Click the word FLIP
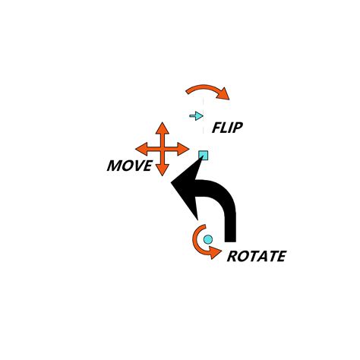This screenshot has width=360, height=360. [227, 128]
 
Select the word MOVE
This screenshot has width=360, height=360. [130, 166]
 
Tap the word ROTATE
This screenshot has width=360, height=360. [257, 256]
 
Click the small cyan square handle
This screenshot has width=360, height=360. [204, 155]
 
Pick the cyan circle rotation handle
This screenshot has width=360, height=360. [208, 239]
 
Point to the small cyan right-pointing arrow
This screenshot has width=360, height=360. [197, 116]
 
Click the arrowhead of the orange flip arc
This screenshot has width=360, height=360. [224, 94]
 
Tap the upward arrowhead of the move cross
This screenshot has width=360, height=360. [163, 128]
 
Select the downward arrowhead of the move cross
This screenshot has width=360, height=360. [162, 169]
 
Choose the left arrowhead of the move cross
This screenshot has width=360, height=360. [141, 149]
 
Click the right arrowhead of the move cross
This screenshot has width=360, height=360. [183, 149]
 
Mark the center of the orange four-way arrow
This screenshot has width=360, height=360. [163, 149]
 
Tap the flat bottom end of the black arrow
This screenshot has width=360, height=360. [230, 241]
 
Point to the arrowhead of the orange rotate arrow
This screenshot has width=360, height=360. [216, 253]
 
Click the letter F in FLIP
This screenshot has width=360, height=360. [216, 128]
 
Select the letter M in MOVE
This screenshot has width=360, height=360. [114, 166]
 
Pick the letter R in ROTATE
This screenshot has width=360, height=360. [232, 256]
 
